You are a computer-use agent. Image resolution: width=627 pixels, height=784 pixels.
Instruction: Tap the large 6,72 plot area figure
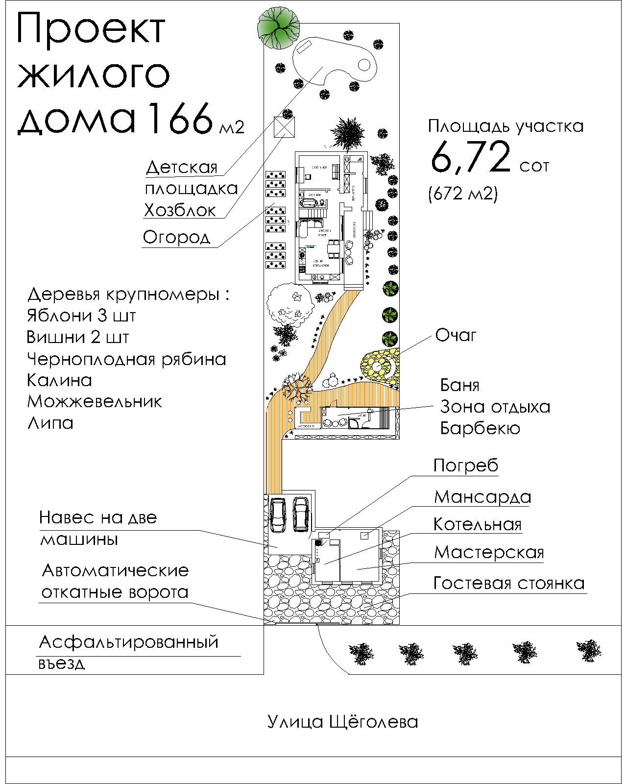pyautogui.click(x=471, y=157)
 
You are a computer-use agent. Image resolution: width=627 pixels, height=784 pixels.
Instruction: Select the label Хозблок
pyautogui.click(x=180, y=210)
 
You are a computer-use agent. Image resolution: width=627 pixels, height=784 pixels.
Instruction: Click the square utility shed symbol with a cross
pyautogui.click(x=285, y=128)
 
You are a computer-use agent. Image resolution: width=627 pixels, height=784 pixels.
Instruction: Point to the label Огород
pyautogui.click(x=176, y=237)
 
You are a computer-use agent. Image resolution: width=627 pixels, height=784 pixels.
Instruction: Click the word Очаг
pyautogui.click(x=456, y=336)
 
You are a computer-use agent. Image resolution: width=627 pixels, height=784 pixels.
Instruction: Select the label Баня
pyautogui.click(x=459, y=385)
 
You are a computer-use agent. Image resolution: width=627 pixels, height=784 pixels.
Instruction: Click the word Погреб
pyautogui.click(x=465, y=465)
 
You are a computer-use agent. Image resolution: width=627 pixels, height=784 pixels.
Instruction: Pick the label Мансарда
pyautogui.click(x=482, y=497)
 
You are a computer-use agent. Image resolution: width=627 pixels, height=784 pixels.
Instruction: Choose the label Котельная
pyautogui.click(x=478, y=524)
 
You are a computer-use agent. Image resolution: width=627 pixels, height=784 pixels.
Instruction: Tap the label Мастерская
pyautogui.click(x=489, y=552)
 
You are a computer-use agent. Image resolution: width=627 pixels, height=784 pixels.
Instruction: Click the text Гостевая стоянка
pyautogui.click(x=509, y=583)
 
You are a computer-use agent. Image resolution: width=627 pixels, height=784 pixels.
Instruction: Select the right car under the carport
pyautogui.click(x=300, y=514)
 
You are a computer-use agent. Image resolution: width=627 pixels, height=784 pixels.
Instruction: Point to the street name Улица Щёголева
pyautogui.click(x=343, y=721)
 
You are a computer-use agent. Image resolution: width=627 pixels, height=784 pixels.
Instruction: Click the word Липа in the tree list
pyautogui.click(x=50, y=423)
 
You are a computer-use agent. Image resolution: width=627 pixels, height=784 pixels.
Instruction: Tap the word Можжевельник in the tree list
pyautogui.click(x=95, y=401)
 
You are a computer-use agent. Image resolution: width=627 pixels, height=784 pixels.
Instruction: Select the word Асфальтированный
pyautogui.click(x=128, y=641)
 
